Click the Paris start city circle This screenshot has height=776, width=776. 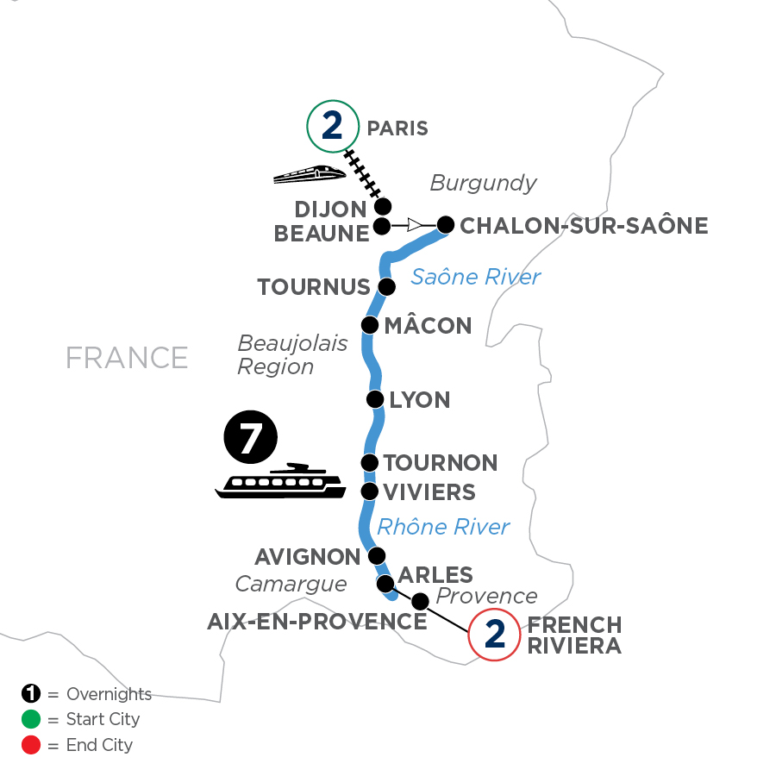click(x=332, y=128)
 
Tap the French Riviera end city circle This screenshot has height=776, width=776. click(x=494, y=635)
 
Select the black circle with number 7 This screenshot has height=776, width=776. click(x=250, y=440)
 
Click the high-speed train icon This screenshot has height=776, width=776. click(x=309, y=174)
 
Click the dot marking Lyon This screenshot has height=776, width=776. click(x=375, y=399)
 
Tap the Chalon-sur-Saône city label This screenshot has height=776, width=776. click(x=584, y=226)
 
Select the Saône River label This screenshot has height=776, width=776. click(x=475, y=277)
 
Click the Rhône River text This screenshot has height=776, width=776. click(x=443, y=526)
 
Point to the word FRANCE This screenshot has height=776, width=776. click(x=127, y=357)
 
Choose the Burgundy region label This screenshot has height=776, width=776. click(x=483, y=183)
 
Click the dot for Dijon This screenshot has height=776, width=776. click(x=383, y=206)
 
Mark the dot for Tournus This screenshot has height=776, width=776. click(x=387, y=286)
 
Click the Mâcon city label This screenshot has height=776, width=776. click(x=427, y=326)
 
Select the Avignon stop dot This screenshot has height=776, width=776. click(x=376, y=555)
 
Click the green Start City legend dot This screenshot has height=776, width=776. click(x=29, y=719)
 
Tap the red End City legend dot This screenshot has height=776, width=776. click(x=29, y=744)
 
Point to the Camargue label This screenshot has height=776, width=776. click(x=291, y=585)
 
